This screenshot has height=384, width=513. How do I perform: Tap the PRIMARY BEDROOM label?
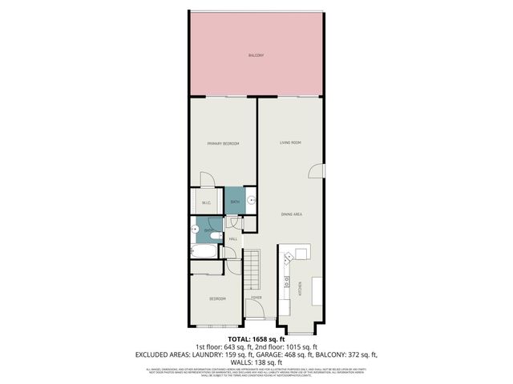(224, 143)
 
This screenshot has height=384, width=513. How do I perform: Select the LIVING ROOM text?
(290, 142)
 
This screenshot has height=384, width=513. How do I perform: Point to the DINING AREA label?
(291, 214)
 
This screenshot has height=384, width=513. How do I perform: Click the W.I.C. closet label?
(206, 202)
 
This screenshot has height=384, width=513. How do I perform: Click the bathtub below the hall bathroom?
(204, 253)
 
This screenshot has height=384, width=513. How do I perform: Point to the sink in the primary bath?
(249, 201)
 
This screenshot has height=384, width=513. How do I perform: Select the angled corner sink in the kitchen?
(301, 254)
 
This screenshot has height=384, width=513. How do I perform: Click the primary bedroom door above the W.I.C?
(208, 180)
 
